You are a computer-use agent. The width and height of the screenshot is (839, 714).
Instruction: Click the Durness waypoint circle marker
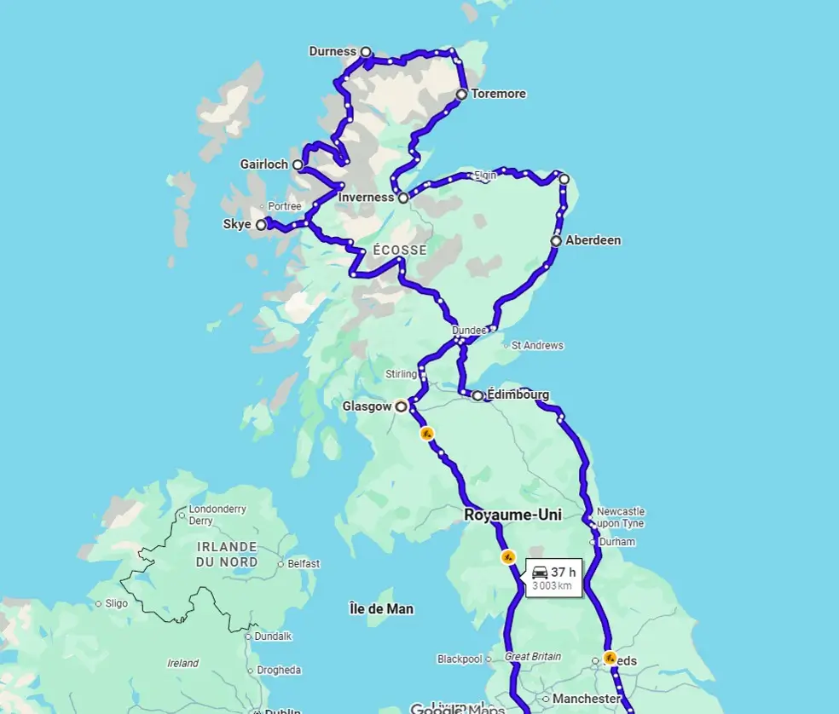point(366,52)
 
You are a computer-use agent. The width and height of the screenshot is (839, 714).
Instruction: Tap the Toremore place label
point(498,94)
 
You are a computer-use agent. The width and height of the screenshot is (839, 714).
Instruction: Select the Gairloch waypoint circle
point(298,164)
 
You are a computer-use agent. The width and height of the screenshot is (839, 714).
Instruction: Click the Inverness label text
point(366,198)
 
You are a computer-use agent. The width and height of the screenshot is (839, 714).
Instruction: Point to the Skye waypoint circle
point(261,225)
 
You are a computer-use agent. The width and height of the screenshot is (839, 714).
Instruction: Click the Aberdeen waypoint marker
point(556,241)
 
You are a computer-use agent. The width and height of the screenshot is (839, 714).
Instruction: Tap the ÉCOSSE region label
point(399,250)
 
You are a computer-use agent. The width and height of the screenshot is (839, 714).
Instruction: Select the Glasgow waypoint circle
point(400,407)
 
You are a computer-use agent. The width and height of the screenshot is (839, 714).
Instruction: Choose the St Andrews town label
point(537,346)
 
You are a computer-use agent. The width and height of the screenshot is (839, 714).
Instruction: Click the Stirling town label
point(401,374)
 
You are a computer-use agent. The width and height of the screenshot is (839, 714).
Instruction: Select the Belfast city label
point(303,564)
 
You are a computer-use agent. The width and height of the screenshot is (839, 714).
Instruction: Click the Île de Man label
point(381,609)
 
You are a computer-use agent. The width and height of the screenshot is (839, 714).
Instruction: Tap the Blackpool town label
point(460,659)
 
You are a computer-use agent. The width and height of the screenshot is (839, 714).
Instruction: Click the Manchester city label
point(587,699)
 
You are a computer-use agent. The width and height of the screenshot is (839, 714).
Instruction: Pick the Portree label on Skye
point(284,207)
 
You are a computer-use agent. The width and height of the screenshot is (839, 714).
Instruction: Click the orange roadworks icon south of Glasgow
point(427,434)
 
